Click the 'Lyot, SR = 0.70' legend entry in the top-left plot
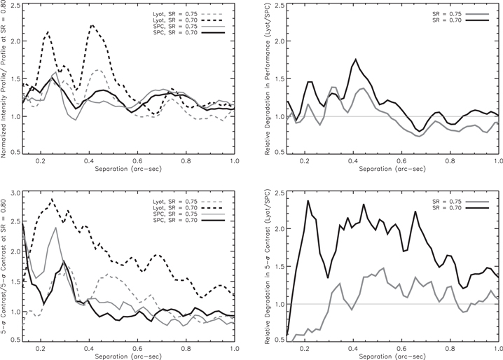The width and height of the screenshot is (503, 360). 188,20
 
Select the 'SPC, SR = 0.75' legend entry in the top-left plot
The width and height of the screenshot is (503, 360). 188,27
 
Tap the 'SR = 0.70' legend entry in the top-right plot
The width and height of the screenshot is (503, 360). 460,20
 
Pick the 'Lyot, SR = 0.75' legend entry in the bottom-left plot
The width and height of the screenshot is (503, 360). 188,202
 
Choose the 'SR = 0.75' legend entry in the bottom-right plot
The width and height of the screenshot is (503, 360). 460,202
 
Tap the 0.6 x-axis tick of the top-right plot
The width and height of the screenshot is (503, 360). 401,161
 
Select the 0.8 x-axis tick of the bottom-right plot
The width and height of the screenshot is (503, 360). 450,349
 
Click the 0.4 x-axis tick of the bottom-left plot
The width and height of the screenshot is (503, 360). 89,349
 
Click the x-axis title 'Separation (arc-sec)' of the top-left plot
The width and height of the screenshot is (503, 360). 128,169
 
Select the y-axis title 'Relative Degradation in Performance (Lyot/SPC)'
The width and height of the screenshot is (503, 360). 267,79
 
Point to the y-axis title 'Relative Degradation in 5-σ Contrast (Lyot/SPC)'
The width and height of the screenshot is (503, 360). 267,267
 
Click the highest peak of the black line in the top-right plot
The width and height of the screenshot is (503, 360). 355,59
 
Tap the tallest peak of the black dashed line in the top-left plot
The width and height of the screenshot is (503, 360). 92,25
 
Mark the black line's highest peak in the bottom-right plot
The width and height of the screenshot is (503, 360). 308,201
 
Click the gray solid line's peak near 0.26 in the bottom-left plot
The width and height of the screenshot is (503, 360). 56,228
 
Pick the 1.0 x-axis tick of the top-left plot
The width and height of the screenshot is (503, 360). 235,161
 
